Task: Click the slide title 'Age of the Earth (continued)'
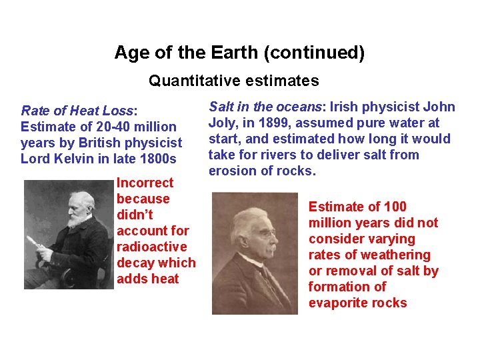coord(239,53)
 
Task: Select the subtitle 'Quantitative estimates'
coord(233,81)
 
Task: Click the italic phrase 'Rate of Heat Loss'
coord(77,111)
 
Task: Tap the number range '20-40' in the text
coord(99,127)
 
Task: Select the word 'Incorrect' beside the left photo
coord(145,183)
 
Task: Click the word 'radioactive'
coord(151,247)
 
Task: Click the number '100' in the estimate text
coord(395,207)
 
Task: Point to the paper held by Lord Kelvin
coord(34,242)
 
